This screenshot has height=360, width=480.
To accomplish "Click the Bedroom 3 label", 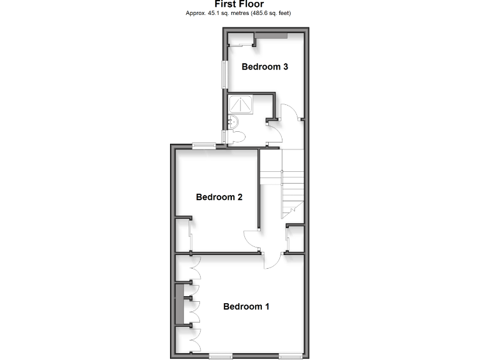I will click(x=264, y=67).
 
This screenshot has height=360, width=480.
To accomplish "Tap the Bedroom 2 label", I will click(x=219, y=197).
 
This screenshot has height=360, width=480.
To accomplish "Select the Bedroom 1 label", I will click(x=246, y=306).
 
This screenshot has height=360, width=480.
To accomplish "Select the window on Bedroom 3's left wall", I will click(x=223, y=74).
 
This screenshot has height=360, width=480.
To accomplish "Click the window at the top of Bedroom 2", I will click(x=204, y=146).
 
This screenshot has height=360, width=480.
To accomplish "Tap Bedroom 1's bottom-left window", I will click(x=221, y=356).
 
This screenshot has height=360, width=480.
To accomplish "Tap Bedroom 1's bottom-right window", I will click(x=291, y=356).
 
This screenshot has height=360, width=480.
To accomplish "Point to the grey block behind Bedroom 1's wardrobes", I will click(x=180, y=304).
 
